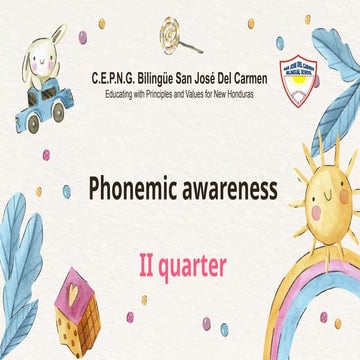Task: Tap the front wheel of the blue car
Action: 33,125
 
